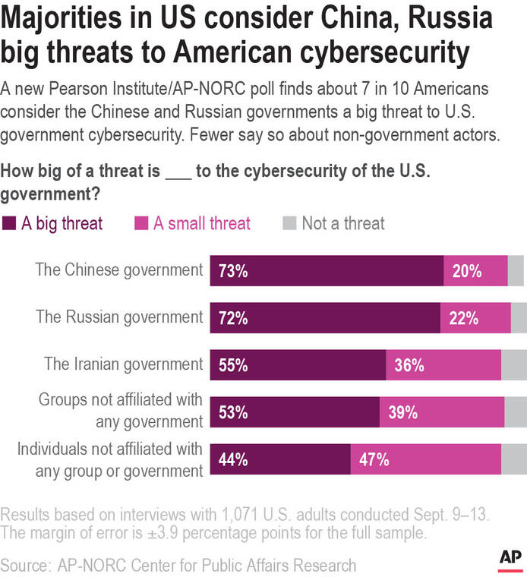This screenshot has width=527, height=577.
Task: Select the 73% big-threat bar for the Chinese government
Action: point(327,271)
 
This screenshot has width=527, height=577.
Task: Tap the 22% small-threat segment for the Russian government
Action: point(475,318)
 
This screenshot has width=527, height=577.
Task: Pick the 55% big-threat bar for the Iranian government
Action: point(298,365)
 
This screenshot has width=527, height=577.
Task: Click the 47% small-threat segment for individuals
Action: point(425,459)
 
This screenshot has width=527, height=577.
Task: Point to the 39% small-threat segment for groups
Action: point(442,412)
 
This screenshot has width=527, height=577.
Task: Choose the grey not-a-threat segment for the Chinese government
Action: point(516,271)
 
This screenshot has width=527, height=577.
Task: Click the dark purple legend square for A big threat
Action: point(9,223)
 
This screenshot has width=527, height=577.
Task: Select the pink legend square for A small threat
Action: point(140,223)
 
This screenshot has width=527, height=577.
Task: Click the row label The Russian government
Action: point(119,317)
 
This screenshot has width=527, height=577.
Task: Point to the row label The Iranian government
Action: point(123,364)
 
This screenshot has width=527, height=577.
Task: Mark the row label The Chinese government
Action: point(119,270)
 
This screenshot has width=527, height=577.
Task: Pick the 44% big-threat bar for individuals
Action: point(280,459)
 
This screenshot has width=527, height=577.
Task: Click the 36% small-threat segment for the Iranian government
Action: point(443,365)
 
